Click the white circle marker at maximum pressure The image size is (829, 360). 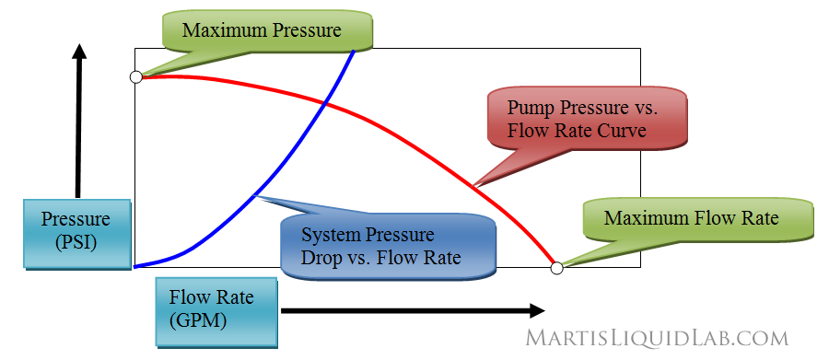136,77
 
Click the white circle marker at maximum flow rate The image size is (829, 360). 556,268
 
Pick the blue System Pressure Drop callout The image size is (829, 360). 382,246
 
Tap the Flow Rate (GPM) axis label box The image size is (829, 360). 214,308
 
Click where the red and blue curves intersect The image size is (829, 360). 325,103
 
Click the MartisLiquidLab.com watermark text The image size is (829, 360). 657,338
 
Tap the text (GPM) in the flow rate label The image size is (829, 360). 198,319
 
